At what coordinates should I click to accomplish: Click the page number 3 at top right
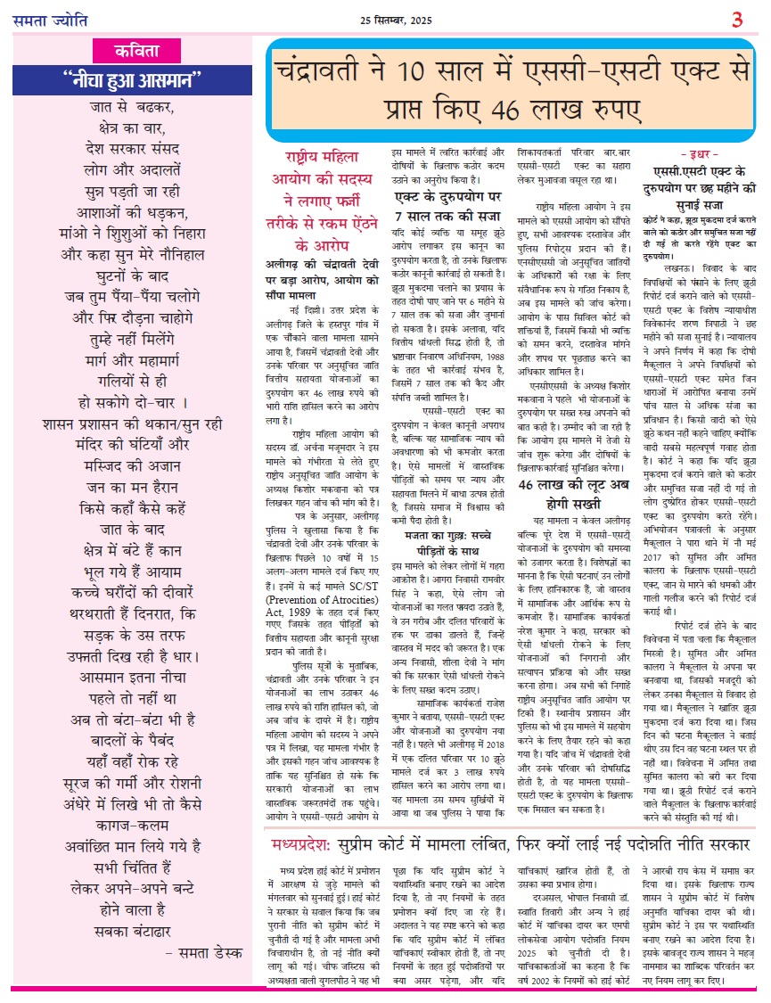[737, 19]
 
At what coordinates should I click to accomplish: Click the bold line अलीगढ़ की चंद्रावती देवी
[324, 264]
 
